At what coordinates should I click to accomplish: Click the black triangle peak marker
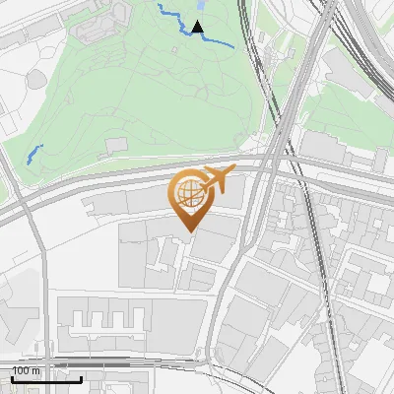(198, 27)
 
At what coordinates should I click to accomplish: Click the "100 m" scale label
(27, 370)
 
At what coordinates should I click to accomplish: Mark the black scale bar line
(46, 379)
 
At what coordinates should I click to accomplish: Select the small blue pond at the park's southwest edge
(34, 154)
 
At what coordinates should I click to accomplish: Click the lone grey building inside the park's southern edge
(116, 145)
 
